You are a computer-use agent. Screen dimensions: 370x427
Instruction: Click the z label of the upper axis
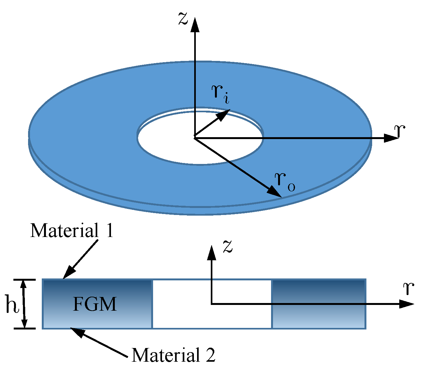183,19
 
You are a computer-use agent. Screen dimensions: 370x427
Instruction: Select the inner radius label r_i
220,94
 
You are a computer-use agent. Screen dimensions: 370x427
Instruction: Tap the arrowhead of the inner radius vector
225,114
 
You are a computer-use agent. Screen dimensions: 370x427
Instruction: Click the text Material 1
72,230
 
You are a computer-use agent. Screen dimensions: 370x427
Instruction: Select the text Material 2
173,355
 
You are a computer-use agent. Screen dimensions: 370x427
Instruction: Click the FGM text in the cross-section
95,304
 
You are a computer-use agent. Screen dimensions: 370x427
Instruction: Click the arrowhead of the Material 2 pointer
77,332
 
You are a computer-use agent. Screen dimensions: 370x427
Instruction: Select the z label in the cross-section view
227,246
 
